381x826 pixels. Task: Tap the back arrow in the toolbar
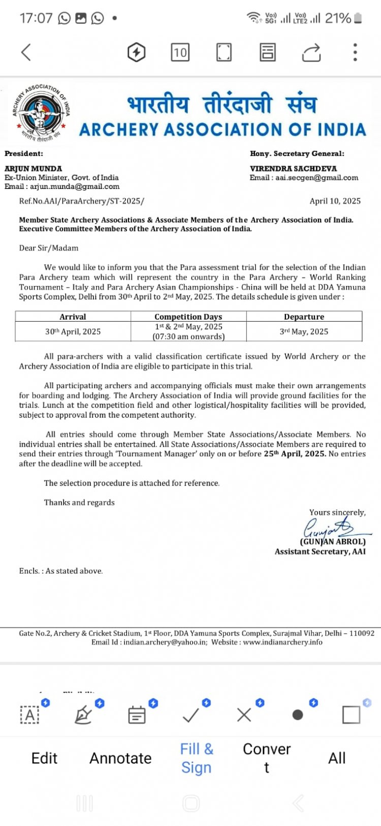click(26, 52)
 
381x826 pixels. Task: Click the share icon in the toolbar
click(311, 52)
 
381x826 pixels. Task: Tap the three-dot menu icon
click(355, 52)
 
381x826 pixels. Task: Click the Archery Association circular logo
click(41, 112)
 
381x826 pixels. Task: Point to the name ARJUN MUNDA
click(34, 169)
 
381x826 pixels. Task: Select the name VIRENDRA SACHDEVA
click(293, 169)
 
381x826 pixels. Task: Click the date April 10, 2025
click(335, 201)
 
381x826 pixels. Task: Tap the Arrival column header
click(73, 316)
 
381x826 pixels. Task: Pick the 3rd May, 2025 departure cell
click(304, 332)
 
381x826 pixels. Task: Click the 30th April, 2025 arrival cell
click(73, 332)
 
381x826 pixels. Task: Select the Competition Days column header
click(188, 316)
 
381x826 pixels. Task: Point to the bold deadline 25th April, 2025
click(295, 454)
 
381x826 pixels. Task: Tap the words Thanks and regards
click(79, 502)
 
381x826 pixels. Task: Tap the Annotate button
click(120, 758)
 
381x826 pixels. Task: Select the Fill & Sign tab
click(197, 758)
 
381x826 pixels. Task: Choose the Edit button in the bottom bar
click(44, 758)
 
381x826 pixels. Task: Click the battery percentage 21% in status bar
click(338, 18)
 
